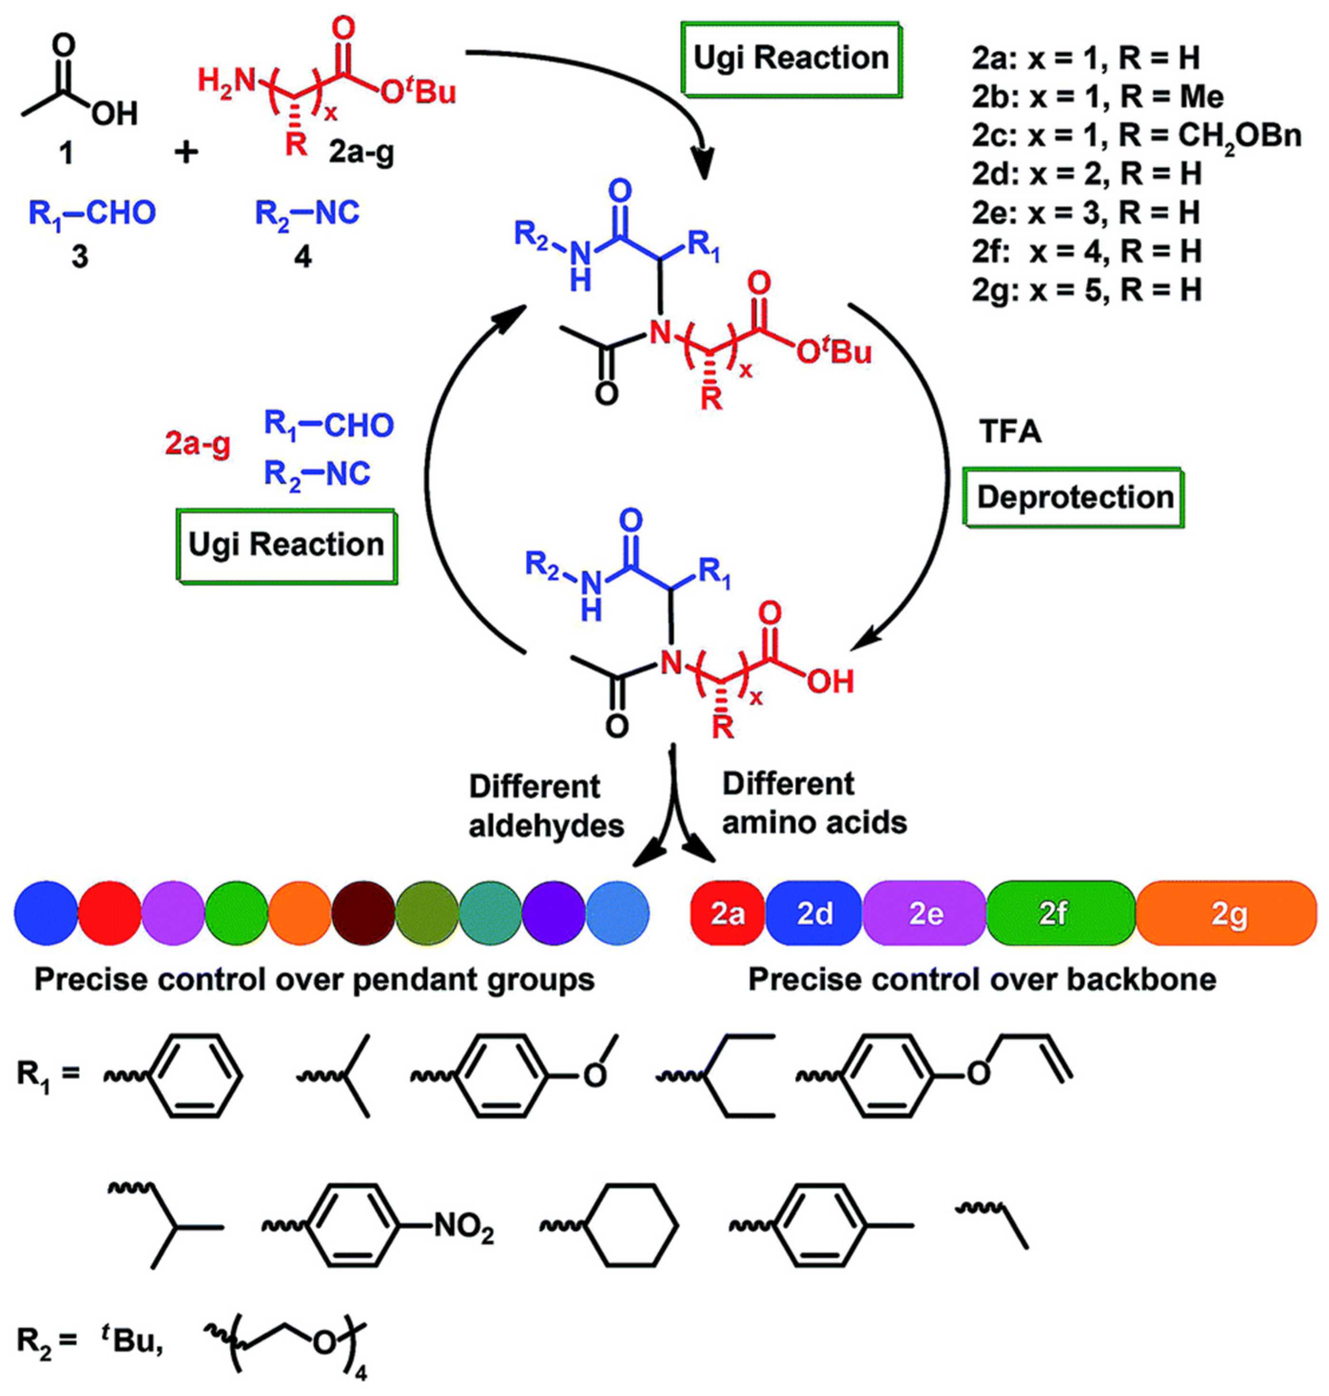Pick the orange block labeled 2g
1228,914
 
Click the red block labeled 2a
727,914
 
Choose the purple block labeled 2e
924,914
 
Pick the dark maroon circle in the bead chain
363,914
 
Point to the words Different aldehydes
545,806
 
